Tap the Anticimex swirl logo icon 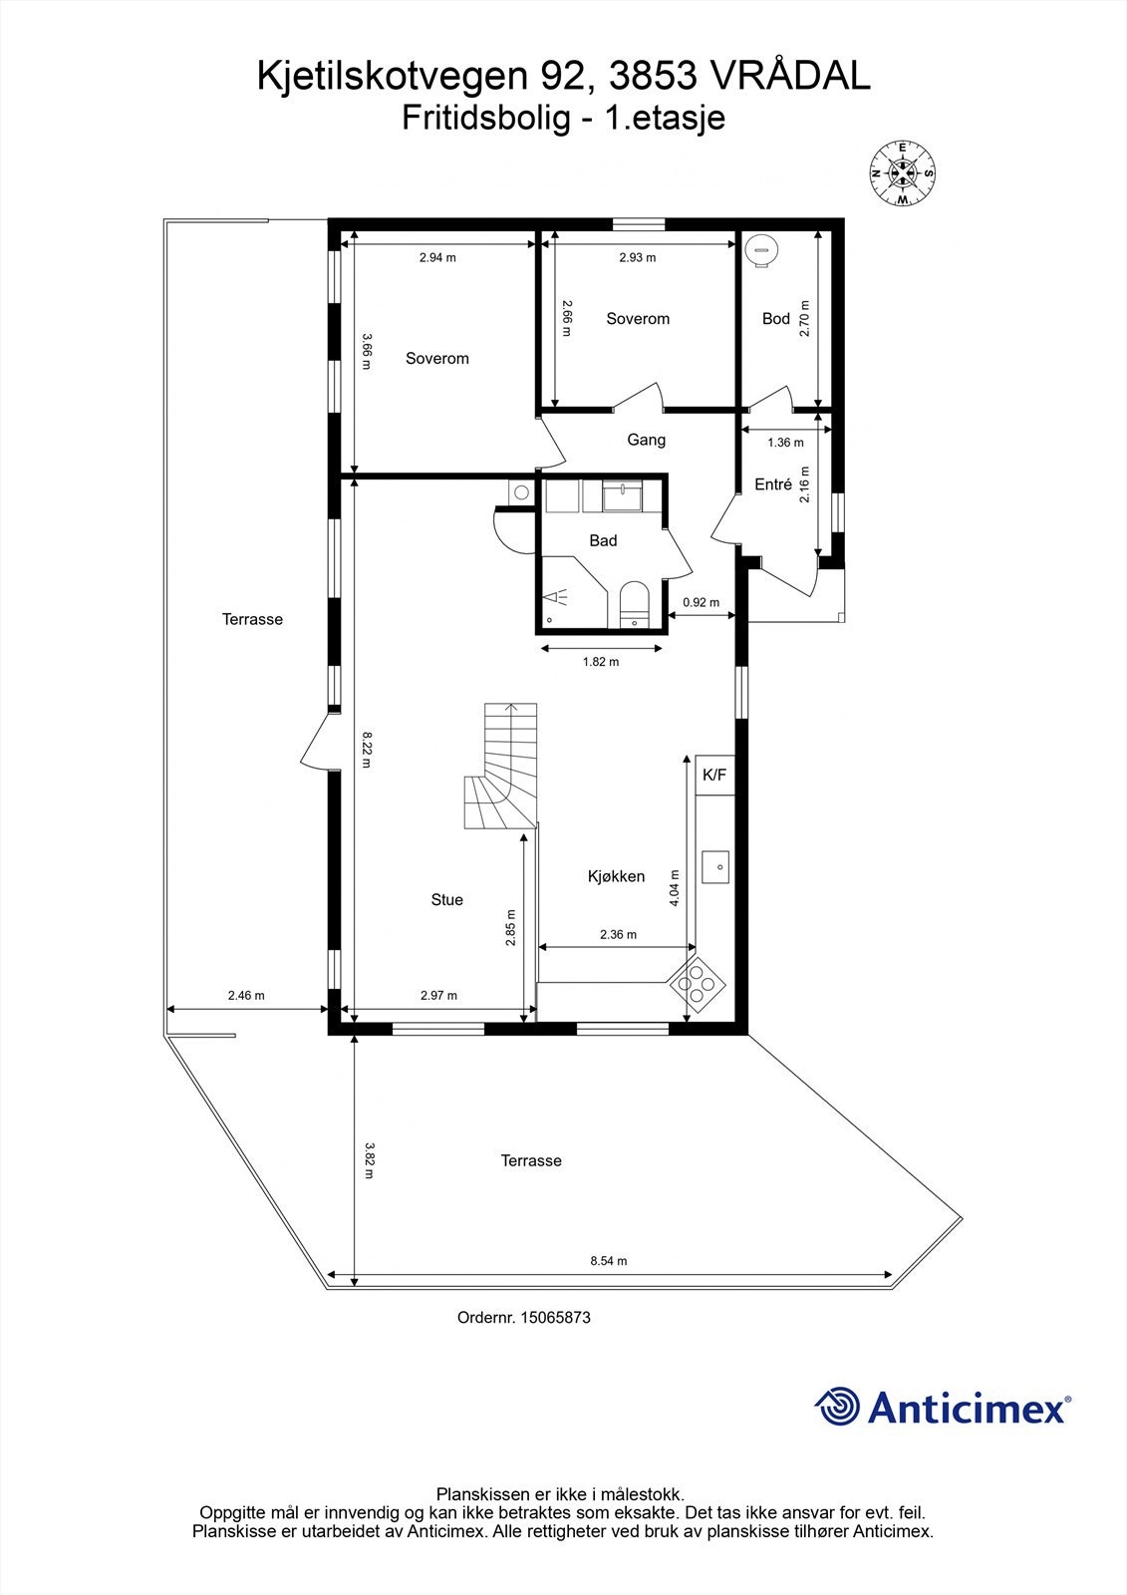837,1407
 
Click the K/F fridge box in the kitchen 714,775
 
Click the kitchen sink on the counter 715,867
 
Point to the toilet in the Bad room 634,603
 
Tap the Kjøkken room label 616,877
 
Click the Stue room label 446,900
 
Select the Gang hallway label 646,440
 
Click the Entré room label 773,484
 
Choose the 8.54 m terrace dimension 608,1261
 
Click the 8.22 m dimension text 367,751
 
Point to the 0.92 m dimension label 701,602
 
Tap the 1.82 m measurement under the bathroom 600,662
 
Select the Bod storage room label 775,319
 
